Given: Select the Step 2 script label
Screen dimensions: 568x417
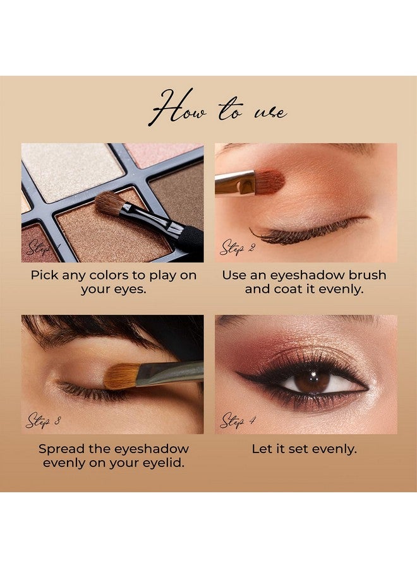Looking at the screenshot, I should tap(237, 248).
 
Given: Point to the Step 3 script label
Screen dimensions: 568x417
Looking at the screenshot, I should tap(43, 420).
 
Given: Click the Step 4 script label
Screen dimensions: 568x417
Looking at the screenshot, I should tap(237, 420).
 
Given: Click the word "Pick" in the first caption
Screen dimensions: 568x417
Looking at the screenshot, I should tap(46, 275).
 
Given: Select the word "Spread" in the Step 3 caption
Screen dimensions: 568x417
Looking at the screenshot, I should tap(61, 449).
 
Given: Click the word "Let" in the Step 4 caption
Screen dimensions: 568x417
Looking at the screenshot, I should tap(262, 449).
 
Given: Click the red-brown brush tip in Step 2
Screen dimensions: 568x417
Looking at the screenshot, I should tap(270, 181).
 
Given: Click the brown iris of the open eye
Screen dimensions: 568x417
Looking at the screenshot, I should tap(312, 381).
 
